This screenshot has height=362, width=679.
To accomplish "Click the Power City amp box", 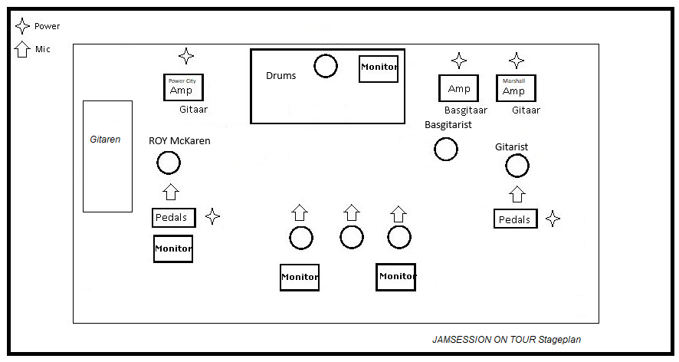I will click(183, 87).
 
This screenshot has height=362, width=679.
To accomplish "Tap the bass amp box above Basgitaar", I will click(458, 88).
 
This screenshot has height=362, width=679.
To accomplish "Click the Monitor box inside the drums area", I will click(379, 68).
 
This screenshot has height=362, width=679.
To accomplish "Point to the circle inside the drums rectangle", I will click(326, 66).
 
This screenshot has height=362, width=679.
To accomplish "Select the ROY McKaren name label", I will click(179, 141).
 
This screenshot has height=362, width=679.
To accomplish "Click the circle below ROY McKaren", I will click(169, 163).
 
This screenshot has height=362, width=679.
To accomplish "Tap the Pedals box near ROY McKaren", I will click(173, 218).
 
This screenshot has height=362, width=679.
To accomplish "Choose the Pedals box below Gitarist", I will click(515, 219).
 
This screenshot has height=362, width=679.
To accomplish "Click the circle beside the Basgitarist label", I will click(446, 149).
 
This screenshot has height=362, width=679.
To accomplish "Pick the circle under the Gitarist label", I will click(517, 165).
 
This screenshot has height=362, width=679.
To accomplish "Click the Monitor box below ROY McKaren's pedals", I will click(172, 249).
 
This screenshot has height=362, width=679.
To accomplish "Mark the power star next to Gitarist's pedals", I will click(553, 219).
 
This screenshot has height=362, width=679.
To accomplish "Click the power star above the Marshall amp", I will click(517, 61).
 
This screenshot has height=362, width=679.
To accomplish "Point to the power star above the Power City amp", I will click(186, 56).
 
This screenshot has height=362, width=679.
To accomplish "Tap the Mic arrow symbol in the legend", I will click(22, 50).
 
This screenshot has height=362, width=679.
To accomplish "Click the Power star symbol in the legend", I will click(22, 26).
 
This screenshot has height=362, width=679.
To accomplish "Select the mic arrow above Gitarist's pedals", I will click(517, 193).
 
